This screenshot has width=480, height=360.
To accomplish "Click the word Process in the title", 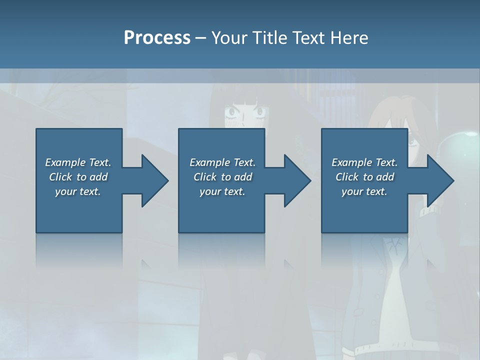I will tap(157, 38).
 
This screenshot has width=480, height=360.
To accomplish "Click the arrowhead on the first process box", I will tap(154, 180).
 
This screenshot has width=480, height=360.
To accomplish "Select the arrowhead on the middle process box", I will tap(297, 180).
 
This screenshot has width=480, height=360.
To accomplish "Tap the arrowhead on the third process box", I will tap(440, 180).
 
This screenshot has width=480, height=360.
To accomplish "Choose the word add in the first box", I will tap(98, 177).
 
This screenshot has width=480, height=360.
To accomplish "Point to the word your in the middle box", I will tap(210, 191).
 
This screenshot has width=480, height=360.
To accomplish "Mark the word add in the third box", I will tap(385, 177).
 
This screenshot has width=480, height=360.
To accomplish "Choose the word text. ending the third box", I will tap(376, 191).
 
